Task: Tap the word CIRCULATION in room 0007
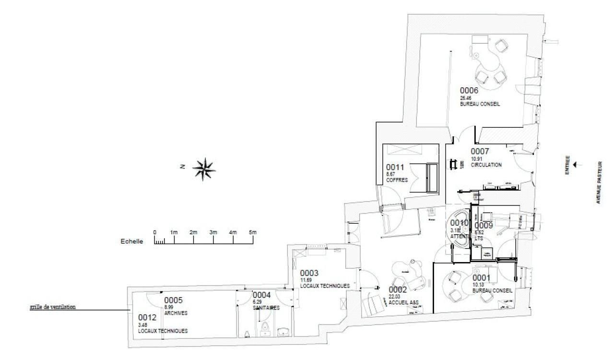click(486, 165)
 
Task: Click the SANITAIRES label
click(266, 308)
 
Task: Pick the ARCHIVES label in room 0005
click(176, 312)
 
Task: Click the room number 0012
click(148, 317)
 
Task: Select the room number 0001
click(482, 278)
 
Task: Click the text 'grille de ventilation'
click(52, 306)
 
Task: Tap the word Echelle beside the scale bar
click(131, 242)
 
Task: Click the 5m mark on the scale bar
click(252, 232)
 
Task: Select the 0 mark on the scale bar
click(154, 232)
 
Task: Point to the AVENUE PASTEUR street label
click(599, 182)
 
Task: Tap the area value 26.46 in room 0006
click(466, 97)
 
